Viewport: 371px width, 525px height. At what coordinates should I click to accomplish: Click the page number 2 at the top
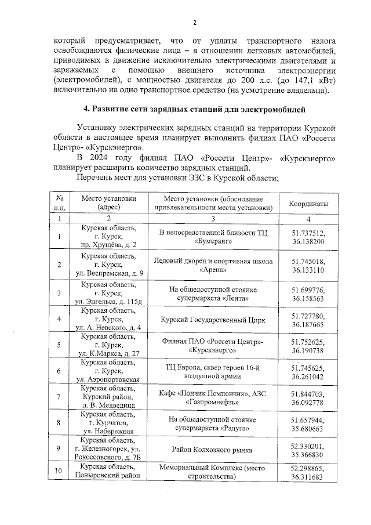195,23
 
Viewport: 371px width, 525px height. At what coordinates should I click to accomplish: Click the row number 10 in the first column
59,471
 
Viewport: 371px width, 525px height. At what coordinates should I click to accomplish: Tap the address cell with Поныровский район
108,471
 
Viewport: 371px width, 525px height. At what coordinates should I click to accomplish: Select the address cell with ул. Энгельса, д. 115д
108,294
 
